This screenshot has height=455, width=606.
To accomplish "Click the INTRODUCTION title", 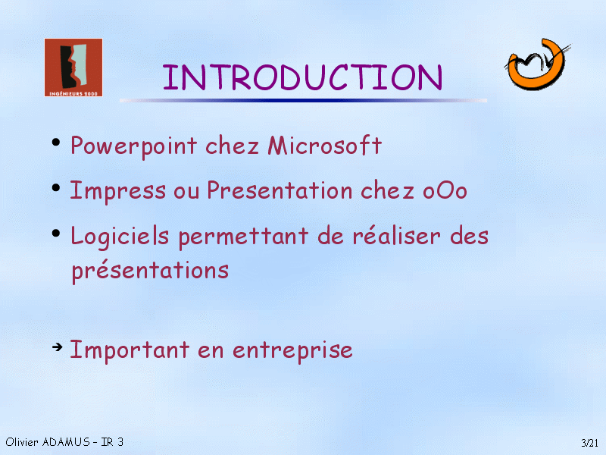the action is tap(302, 77).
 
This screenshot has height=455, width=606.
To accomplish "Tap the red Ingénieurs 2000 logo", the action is tap(73, 67).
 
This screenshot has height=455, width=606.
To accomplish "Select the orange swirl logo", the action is tap(537, 64).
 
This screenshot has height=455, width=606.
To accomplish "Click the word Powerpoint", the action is tap(134, 146).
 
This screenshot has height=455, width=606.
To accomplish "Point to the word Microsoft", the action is tap(325, 146).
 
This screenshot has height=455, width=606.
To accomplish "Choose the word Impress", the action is tap(118, 191).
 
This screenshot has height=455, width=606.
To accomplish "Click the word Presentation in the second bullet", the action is tap(280, 190).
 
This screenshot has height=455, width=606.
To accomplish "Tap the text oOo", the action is tap(445, 191).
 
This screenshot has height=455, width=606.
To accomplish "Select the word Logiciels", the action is tap(120, 237).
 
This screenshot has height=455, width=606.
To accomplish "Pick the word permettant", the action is tap(243, 237).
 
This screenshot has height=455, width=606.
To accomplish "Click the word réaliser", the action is tap(396, 236).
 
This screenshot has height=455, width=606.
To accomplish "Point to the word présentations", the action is tap(150, 271).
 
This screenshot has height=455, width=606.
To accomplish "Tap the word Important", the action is tap(130, 350).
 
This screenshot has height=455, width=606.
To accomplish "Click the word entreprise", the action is tap(292, 351).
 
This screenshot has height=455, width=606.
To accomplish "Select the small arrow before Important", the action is tap(58, 347).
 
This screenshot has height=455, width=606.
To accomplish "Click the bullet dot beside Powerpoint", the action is tap(56, 143).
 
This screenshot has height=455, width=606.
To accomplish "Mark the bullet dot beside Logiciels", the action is tap(56, 234).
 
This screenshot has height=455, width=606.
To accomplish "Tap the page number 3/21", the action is tap(589, 443).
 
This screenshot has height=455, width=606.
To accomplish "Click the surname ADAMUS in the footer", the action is tap(66, 442).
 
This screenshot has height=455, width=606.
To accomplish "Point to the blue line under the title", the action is tap(303, 101).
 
